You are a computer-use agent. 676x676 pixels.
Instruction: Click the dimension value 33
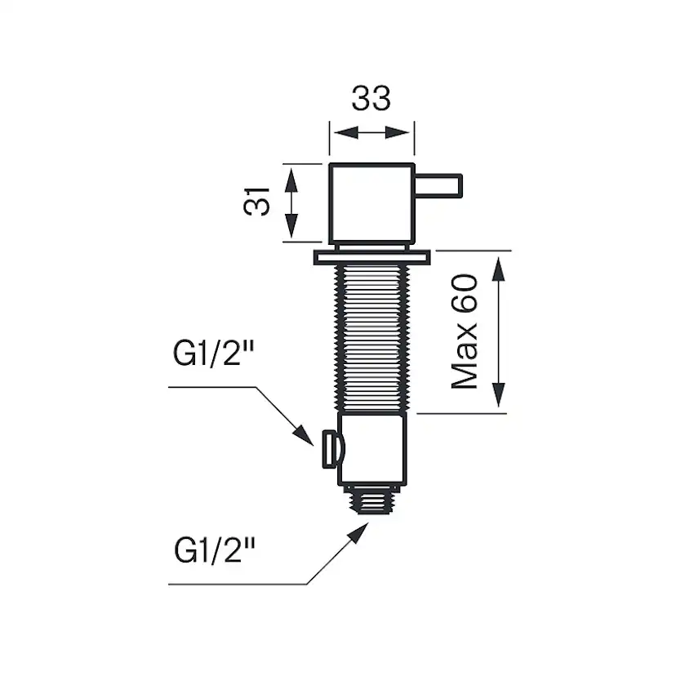[x=371, y=99]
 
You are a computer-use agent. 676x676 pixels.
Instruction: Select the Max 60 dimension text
[x=465, y=331]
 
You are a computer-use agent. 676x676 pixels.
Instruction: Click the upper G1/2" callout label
[x=214, y=357]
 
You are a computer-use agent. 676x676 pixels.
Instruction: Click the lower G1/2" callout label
[x=214, y=550]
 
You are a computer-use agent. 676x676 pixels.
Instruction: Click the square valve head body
[x=371, y=203]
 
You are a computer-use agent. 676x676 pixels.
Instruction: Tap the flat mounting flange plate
[x=371, y=258]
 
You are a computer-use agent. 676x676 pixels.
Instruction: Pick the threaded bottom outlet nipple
[x=371, y=499]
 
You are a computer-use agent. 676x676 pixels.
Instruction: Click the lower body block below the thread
[x=372, y=450]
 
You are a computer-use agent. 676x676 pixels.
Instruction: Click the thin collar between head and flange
[x=371, y=246]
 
